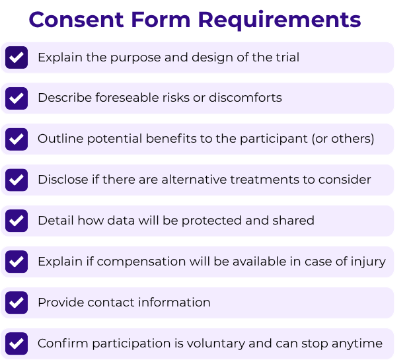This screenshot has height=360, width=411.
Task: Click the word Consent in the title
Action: [76, 20]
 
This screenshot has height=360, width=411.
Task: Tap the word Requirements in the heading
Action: [280, 20]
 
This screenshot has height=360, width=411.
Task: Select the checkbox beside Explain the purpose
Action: [17, 57]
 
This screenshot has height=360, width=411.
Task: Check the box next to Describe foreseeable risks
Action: [17, 98]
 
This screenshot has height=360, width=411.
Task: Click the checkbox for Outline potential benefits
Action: [17, 139]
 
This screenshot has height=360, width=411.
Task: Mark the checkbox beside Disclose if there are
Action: [17, 180]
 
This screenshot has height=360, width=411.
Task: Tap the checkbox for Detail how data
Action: [17, 221]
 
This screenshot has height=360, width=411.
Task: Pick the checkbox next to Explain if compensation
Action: [17, 262]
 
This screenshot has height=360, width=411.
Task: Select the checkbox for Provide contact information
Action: [17, 303]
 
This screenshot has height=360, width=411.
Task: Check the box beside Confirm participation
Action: [17, 343]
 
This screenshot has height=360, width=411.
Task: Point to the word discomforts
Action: [245, 98]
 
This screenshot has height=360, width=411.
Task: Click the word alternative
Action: [194, 180]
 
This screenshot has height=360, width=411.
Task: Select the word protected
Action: [212, 221]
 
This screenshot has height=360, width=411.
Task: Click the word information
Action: [174, 302]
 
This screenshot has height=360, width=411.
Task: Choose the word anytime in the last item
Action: [357, 343]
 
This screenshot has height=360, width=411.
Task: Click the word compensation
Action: [141, 262]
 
